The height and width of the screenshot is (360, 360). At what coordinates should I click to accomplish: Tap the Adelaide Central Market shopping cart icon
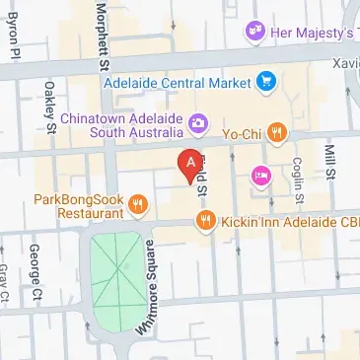265,82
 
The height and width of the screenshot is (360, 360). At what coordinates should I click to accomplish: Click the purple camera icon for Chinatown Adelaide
198,123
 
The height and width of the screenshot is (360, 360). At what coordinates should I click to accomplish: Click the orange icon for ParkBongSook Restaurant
138,205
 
